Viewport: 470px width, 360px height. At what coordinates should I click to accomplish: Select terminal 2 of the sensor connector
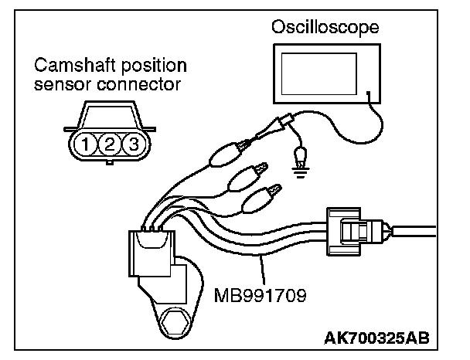111,143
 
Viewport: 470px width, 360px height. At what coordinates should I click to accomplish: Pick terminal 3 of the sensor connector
132,143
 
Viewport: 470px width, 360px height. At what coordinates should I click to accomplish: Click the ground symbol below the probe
298,169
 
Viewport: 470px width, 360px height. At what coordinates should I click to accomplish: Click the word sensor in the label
56,82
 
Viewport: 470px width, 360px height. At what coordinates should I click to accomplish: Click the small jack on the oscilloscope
370,97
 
